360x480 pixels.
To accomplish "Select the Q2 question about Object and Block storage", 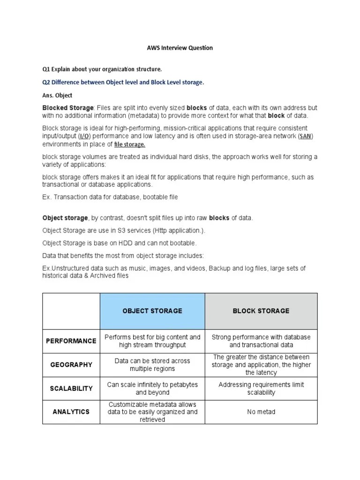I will pos(123,82).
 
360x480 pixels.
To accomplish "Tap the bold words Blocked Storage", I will pos(68,108).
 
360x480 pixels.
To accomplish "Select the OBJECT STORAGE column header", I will pos(152,311).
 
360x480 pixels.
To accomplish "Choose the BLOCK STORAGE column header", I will pos(261,311).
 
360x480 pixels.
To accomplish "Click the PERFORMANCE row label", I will pos(71,341).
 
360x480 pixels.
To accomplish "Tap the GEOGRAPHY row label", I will pos(71,365).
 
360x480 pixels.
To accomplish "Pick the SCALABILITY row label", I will pos(71,389).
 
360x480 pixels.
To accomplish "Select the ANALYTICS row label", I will pos(71,412).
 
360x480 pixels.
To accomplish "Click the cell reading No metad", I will pos(261,412).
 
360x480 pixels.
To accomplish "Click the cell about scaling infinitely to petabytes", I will pos(152,389).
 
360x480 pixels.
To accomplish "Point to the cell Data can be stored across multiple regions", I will pos(152,365).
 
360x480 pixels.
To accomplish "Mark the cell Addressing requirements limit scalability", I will pos(261,389).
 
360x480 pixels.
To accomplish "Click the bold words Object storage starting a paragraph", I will pos(65,218).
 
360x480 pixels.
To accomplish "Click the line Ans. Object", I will pos(57,95).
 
